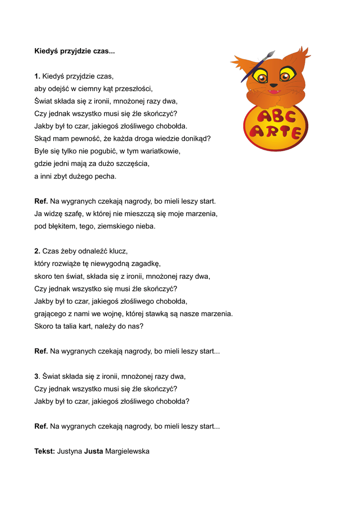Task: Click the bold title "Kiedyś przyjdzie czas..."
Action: coord(75,51)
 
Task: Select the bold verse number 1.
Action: coord(37,76)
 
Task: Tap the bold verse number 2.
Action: coord(37,251)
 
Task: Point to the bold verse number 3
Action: coord(37,376)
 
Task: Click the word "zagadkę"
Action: coord(144,263)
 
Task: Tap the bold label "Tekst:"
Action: coord(45,451)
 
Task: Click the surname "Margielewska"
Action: coord(127,451)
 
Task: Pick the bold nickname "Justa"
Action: coord(93,451)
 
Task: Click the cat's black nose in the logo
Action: coord(273,85)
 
